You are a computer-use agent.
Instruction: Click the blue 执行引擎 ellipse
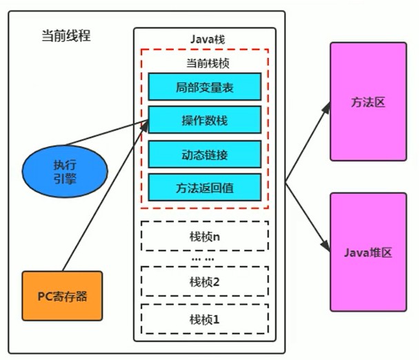pos(65,172)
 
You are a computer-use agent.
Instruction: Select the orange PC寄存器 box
pos(62,296)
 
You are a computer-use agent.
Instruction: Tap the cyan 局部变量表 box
pos(205,87)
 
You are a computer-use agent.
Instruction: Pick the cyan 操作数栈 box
pos(205,120)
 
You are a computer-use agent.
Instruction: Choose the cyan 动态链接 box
pos(205,154)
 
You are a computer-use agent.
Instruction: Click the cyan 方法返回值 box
pos(205,187)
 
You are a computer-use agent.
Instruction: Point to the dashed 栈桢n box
pos(205,237)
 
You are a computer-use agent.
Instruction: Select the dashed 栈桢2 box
pos(205,281)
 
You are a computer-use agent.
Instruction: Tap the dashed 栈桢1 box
pos(205,319)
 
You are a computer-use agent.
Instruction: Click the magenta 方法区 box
pos(368,101)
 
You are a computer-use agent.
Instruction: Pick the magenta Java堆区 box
pos(368,252)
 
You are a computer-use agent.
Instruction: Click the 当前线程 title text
pos(66,35)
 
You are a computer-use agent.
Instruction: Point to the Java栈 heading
pos(208,39)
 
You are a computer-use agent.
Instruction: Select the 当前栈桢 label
pos(208,63)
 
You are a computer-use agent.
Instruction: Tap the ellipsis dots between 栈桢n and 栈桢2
pos(203,259)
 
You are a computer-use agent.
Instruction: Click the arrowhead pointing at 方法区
pos(326,108)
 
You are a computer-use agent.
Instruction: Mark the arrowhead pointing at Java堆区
pos(326,245)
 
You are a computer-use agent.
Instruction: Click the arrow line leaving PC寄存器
pos(106,196)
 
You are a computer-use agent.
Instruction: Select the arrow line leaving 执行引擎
pos(107,133)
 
